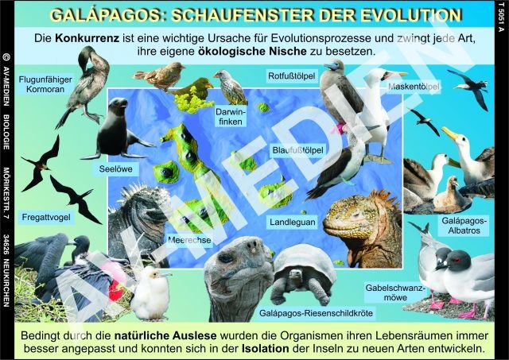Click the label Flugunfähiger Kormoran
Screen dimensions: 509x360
[x=45, y=84]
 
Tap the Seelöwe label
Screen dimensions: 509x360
[x=115, y=169]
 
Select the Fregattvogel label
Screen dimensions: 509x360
[x=46, y=217]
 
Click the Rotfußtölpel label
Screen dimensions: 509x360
[x=292, y=75]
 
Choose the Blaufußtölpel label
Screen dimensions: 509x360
[x=297, y=150]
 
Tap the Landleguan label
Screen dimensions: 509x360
[x=293, y=223]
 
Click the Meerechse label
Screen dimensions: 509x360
[x=189, y=240]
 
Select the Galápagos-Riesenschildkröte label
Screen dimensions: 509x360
[x=316, y=313]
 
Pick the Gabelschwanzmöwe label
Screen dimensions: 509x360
[x=394, y=292]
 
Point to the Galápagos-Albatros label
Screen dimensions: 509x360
[x=464, y=226]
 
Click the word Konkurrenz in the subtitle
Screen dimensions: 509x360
[x=87, y=38]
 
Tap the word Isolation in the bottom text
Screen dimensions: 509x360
[x=265, y=349]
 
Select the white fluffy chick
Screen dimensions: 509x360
[x=150, y=293]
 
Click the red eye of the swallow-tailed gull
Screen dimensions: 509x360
[x=458, y=260]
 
